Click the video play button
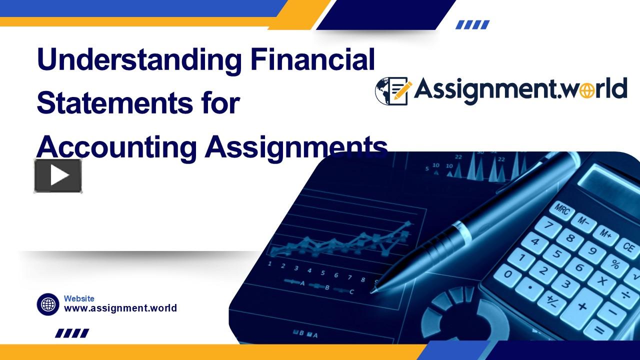[x=58, y=175]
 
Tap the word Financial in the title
[x=313, y=59]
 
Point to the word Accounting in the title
[x=116, y=147]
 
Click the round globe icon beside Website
[x=48, y=304]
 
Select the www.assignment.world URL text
[x=120, y=308]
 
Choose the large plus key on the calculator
[x=582, y=305]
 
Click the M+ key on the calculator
[x=605, y=233]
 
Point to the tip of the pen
[x=373, y=289]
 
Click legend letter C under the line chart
[x=351, y=292]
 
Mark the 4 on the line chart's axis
[x=309, y=270]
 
